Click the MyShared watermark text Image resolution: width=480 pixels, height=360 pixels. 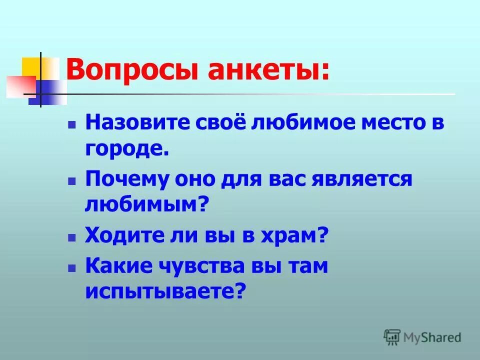coord(432,337)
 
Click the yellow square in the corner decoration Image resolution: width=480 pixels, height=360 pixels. coord(31,66)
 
